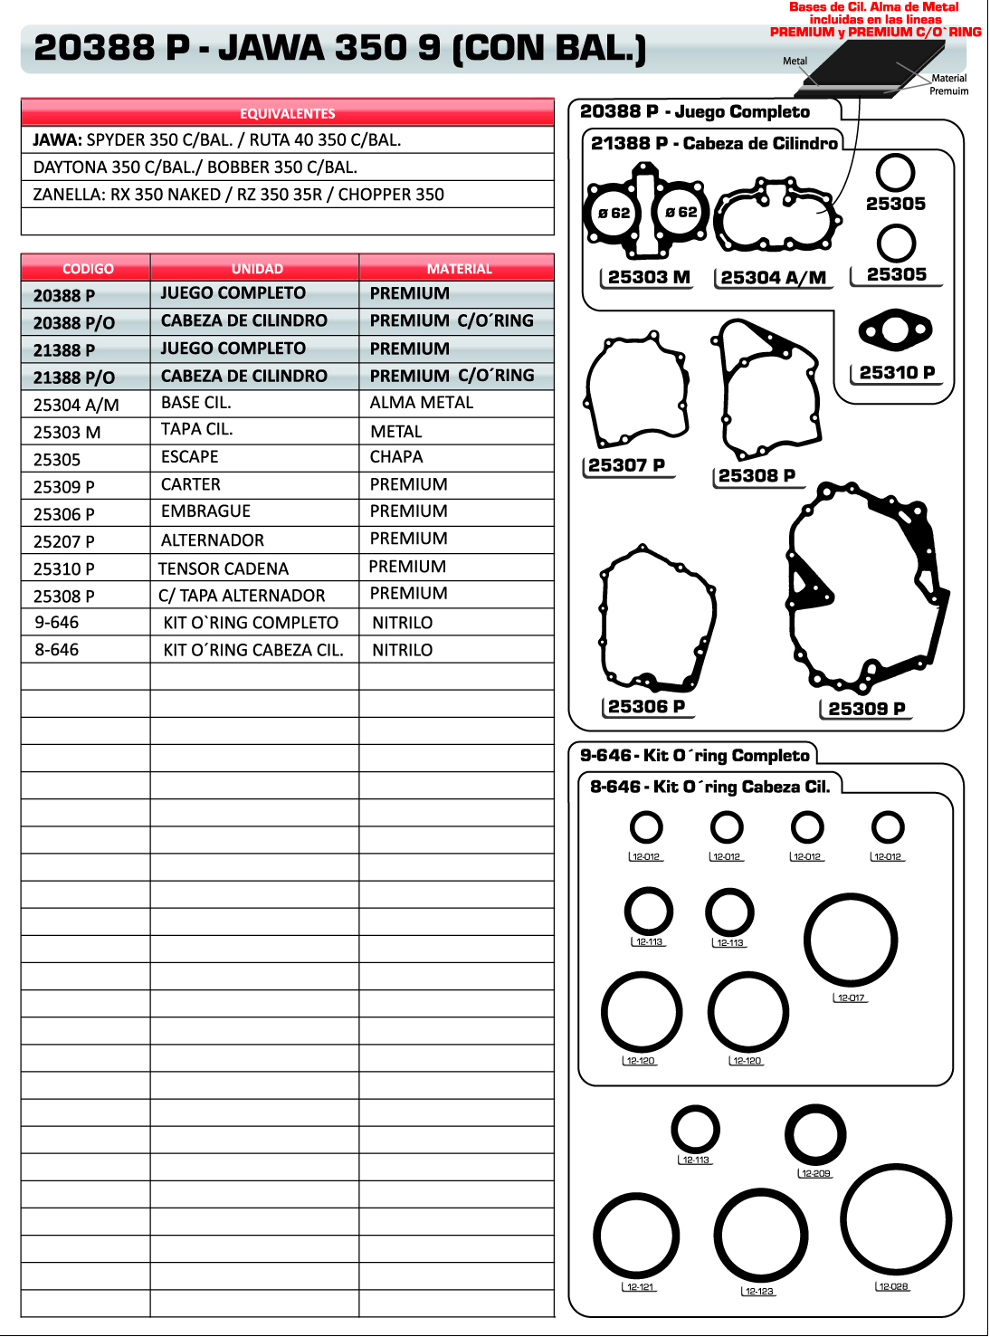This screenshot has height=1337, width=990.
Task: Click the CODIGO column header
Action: (88, 269)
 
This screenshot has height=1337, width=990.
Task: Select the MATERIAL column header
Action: (459, 269)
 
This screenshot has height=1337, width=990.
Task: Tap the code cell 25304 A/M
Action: (76, 405)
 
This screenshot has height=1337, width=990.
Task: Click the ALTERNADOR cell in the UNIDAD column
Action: (213, 540)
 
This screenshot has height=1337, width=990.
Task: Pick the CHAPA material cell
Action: (396, 457)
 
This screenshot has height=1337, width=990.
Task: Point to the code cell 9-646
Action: (57, 623)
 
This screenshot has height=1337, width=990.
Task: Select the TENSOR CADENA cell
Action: (224, 568)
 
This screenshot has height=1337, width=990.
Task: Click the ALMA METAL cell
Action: (421, 403)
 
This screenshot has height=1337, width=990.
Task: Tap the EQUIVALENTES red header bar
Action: (288, 113)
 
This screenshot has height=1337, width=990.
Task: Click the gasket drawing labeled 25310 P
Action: (895, 329)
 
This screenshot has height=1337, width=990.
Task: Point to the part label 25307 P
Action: (626, 465)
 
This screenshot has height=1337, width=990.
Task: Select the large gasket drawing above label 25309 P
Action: (864, 588)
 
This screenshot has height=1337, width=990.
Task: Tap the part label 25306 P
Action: (646, 707)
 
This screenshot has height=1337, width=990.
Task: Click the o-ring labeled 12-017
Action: (851, 941)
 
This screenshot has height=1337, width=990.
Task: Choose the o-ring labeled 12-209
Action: (815, 1134)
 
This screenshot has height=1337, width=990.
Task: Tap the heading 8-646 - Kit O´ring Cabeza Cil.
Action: (709, 787)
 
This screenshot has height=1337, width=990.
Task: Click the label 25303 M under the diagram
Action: (649, 277)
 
